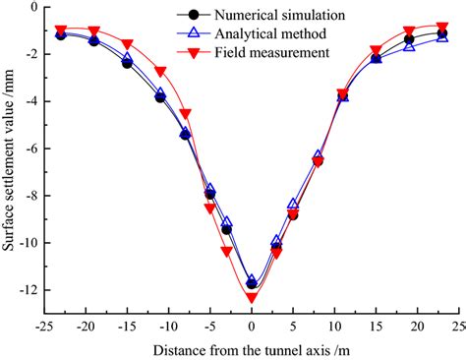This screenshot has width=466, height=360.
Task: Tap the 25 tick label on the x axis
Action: point(457,326)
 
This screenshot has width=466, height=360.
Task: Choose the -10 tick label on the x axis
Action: point(168,326)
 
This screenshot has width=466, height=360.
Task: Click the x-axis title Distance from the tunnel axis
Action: point(251,349)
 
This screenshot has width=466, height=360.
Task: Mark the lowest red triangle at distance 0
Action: point(252,297)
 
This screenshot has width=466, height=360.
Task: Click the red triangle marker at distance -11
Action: point(160,72)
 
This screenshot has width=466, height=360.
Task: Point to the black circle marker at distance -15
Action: point(127,63)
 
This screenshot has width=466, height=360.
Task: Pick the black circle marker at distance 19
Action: point(409,40)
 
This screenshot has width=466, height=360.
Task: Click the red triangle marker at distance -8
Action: point(185,114)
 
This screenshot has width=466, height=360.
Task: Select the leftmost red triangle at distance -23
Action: point(61,30)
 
